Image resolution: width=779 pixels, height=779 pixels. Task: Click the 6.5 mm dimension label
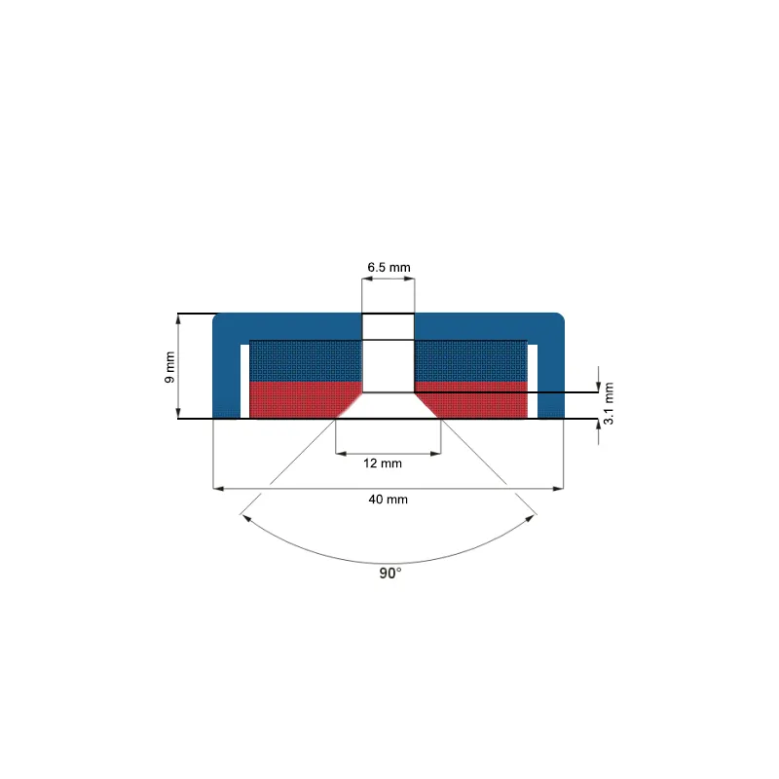389,267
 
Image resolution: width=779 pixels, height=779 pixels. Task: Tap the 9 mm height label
169,367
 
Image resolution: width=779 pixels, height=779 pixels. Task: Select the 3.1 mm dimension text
609,403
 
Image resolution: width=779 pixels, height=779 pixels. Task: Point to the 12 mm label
383,464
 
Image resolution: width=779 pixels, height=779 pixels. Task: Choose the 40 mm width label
388,500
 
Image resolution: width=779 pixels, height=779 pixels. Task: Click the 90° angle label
390,574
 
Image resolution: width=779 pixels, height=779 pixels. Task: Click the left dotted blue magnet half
306,360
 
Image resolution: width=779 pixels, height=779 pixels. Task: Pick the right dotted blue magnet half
471,360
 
